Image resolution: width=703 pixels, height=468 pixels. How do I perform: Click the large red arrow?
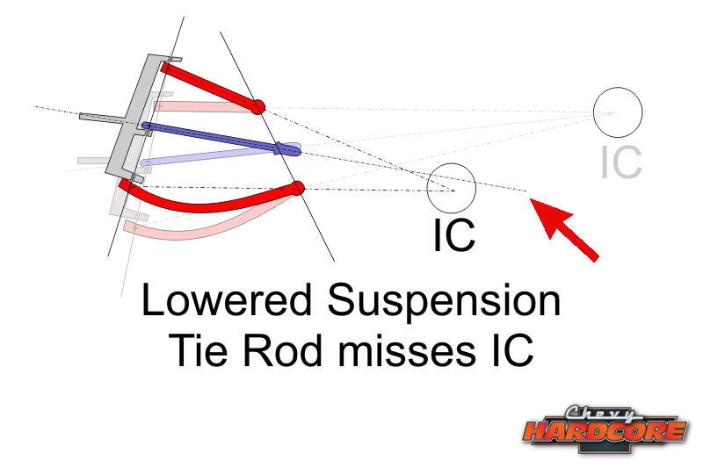pyautogui.click(x=564, y=229)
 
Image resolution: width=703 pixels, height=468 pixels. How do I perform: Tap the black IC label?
pyautogui.click(x=453, y=235)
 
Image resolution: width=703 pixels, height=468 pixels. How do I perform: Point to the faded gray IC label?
pyautogui.click(x=621, y=162)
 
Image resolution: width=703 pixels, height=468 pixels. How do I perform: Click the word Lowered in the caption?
pyautogui.click(x=227, y=300)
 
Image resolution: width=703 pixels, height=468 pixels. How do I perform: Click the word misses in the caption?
pyautogui.click(x=407, y=350)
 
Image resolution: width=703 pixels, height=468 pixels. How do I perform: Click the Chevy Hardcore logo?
pyautogui.click(x=605, y=430)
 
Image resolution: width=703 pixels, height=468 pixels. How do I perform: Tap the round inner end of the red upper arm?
pyautogui.click(x=258, y=107)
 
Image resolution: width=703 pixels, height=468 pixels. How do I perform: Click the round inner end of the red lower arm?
pyautogui.click(x=297, y=189)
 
